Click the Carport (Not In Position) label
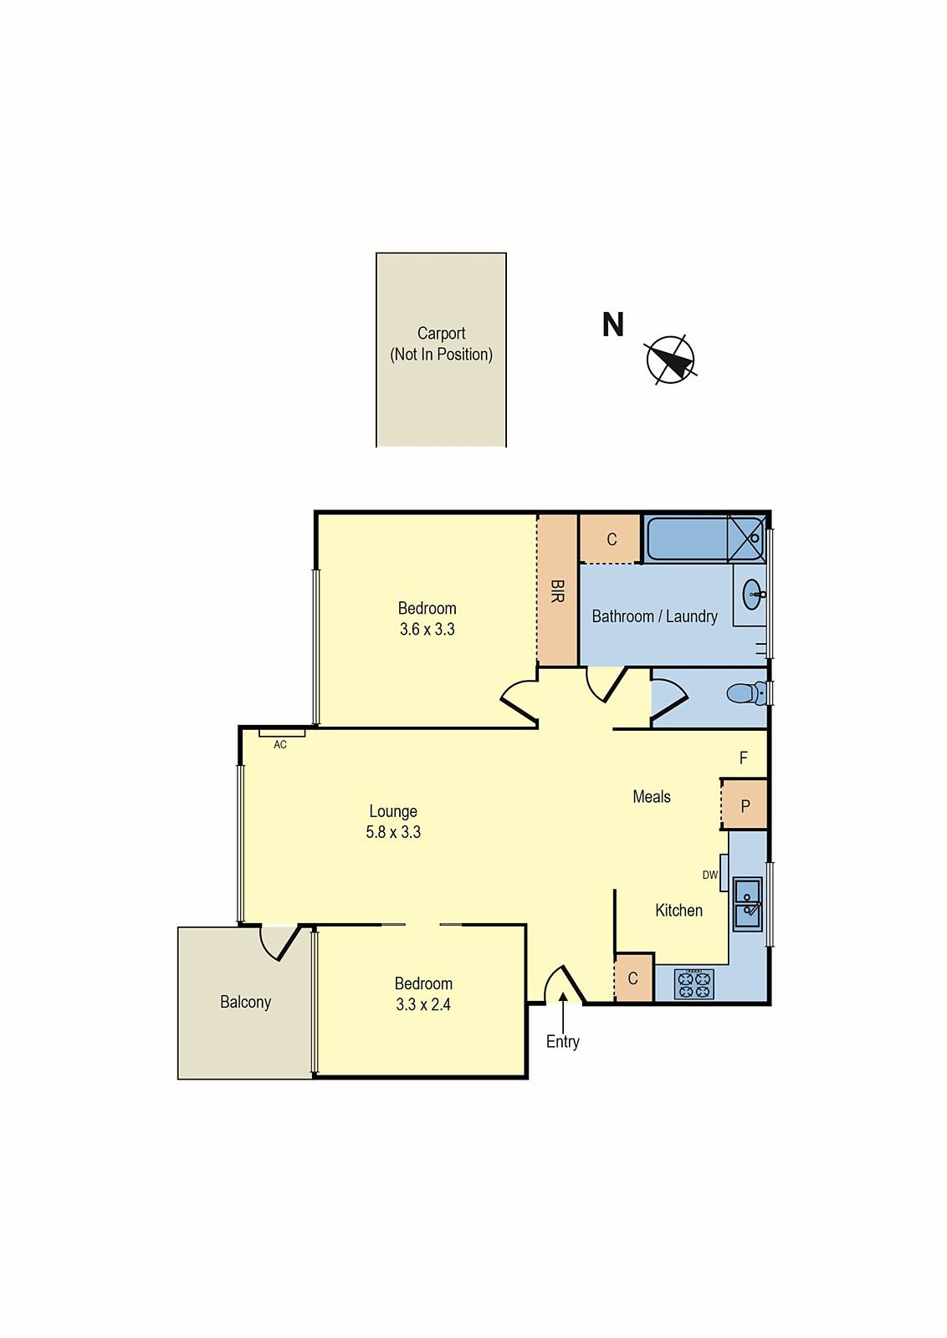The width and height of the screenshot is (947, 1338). point(441,344)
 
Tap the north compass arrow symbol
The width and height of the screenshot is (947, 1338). point(670,360)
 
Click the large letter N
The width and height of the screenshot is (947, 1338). point(612,324)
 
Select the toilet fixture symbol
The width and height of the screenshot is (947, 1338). point(745,693)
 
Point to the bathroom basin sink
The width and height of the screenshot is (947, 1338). point(753,595)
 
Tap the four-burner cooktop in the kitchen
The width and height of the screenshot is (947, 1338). point(694,984)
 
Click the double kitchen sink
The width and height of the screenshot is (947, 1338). point(747,903)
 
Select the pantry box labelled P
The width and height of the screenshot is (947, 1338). point(745,805)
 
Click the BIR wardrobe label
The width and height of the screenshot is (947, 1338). point(557,591)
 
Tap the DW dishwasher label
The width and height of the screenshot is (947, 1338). point(709,875)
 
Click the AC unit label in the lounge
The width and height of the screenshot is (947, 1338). point(280,744)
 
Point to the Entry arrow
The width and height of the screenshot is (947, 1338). point(563,1012)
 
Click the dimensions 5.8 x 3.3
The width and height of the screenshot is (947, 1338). point(393,832)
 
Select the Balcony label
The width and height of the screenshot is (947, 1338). point(245,1002)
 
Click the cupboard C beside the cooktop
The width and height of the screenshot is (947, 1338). point(633,978)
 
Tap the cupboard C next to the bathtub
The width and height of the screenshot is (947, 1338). point(612,539)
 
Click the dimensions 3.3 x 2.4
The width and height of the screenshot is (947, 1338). point(423,1004)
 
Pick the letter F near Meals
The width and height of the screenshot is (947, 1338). point(743,758)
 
